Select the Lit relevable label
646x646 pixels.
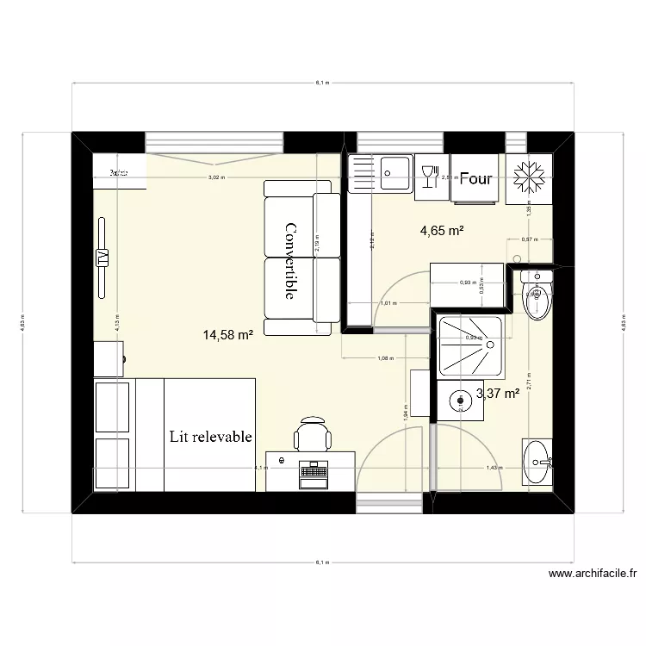[211, 437]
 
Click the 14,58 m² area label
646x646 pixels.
[227, 334]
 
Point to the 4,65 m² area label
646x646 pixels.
[442, 230]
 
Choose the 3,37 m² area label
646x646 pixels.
[497, 394]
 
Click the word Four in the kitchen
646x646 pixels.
[475, 178]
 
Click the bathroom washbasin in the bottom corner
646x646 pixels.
[538, 462]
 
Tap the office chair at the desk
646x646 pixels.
[312, 433]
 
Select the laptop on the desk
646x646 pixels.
[313, 472]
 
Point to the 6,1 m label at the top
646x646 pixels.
[322, 83]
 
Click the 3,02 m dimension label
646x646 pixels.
[216, 177]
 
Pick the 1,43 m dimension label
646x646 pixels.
[493, 468]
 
